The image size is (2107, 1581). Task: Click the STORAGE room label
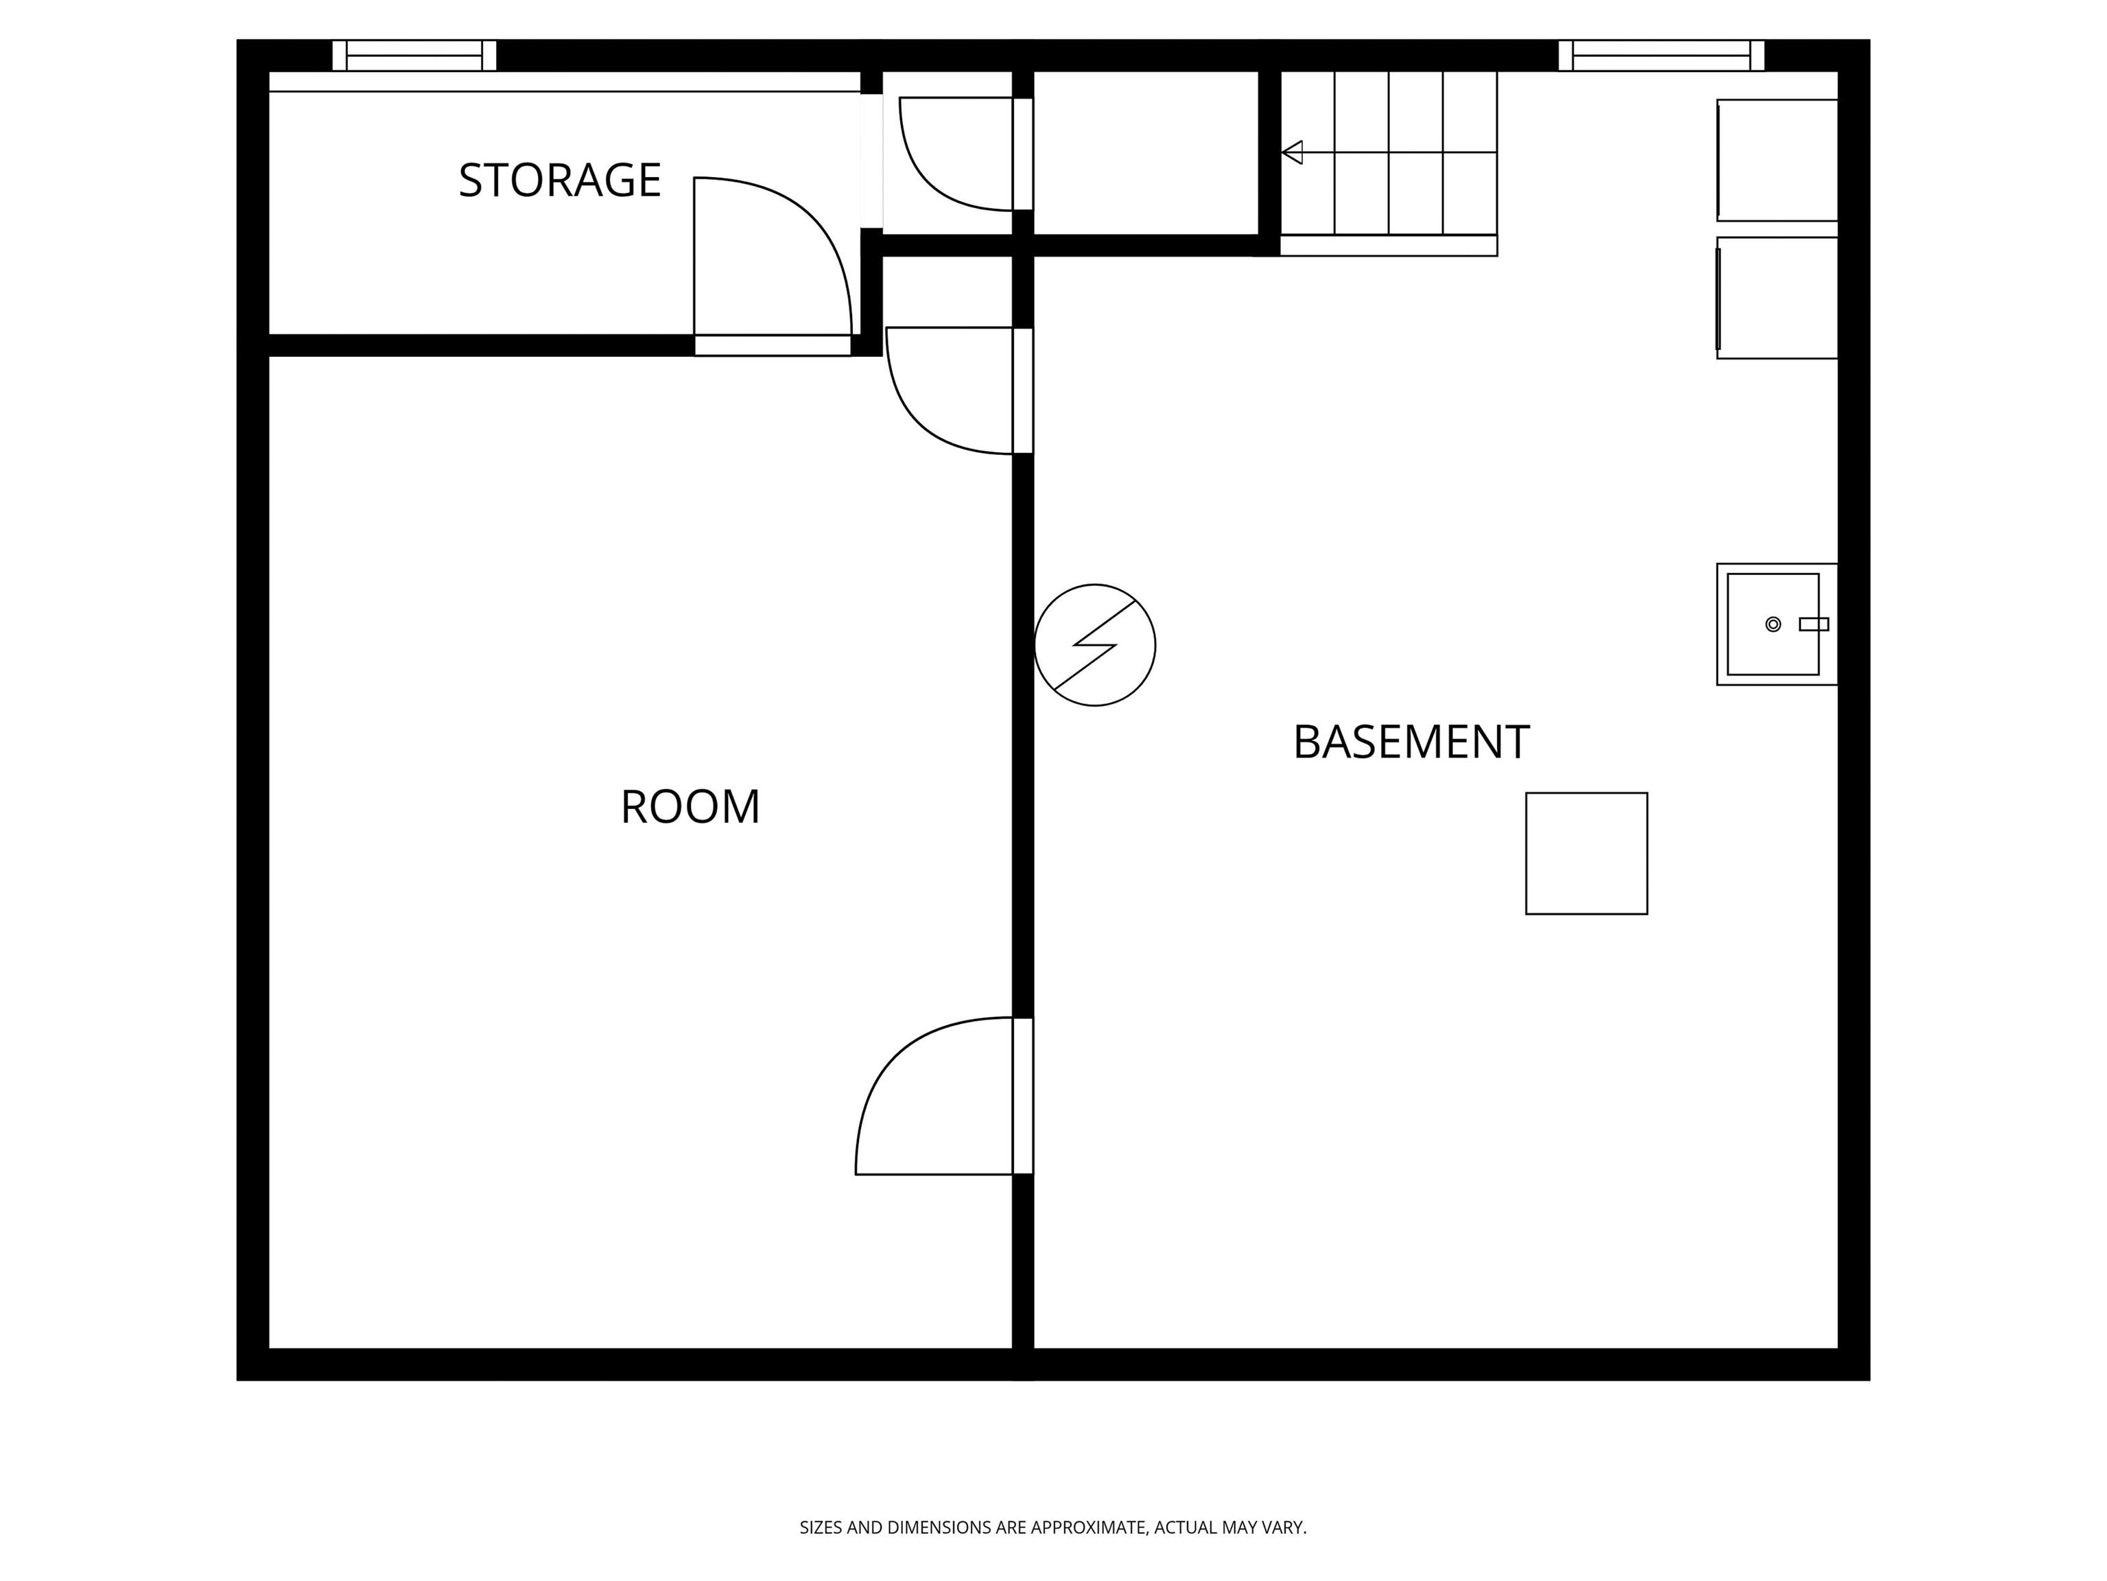(560, 180)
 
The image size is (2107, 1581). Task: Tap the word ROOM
(691, 807)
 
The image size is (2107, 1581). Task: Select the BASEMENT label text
(1411, 742)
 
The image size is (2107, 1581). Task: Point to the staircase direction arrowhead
(1292, 152)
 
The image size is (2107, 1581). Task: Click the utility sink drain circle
(1773, 624)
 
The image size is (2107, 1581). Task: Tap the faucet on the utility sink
(1813, 624)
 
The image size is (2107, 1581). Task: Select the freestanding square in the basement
(1586, 854)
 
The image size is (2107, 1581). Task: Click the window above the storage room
(414, 56)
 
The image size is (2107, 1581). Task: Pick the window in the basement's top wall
(1661, 56)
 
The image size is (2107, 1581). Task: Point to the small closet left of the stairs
(1146, 152)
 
